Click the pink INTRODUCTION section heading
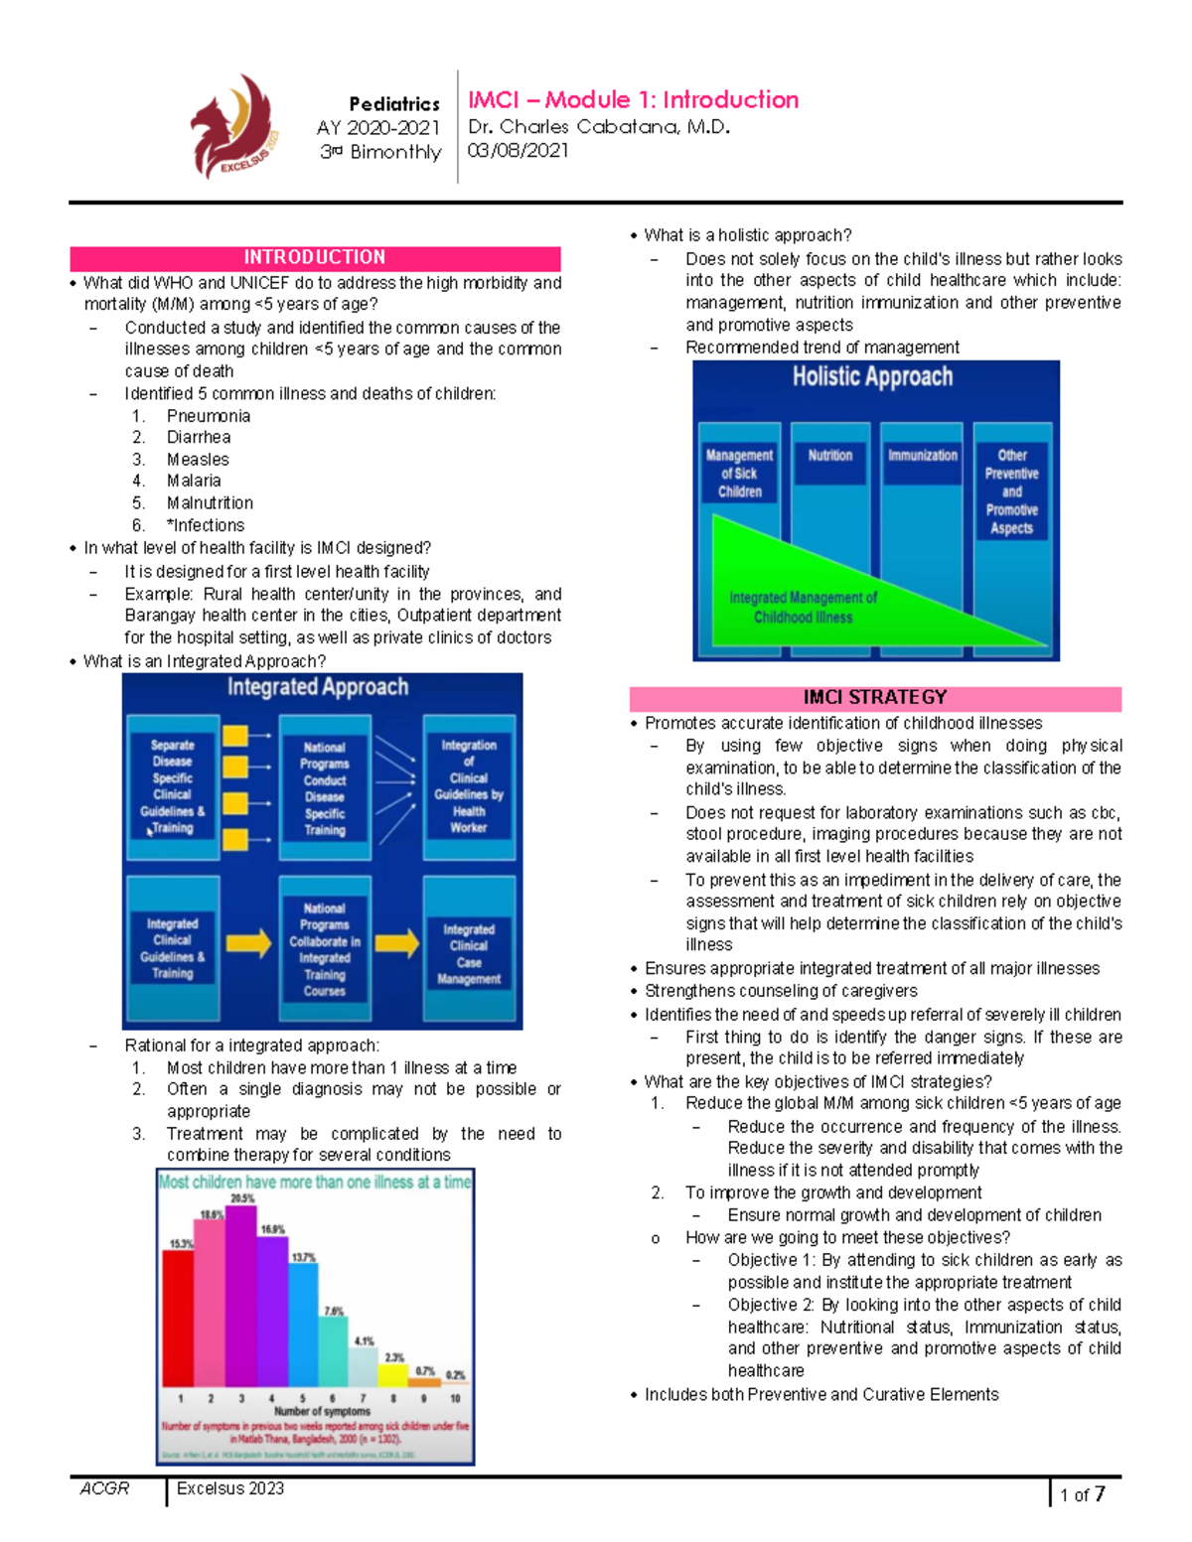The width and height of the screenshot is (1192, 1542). click(x=315, y=258)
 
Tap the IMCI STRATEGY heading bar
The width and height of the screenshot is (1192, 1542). click(x=875, y=698)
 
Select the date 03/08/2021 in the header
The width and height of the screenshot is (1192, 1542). click(x=518, y=151)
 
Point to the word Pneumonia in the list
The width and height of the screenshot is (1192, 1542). click(x=209, y=416)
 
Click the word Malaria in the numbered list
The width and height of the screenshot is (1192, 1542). click(x=194, y=481)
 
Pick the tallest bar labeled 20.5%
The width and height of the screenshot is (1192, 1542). click(x=241, y=1296)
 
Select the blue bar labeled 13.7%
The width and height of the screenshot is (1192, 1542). click(x=303, y=1327)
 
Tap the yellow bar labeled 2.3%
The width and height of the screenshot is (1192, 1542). click(x=393, y=1375)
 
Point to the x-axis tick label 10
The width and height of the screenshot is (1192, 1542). click(x=455, y=1398)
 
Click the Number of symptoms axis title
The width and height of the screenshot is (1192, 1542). click(x=322, y=1411)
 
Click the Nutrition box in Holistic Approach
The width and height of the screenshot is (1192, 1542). click(x=829, y=456)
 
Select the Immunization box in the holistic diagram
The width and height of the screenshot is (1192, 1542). click(x=922, y=456)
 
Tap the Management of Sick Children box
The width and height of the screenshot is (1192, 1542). click(x=739, y=474)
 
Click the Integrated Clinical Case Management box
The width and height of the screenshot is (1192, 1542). click(x=469, y=954)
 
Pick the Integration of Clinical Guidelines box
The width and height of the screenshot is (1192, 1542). click(x=469, y=786)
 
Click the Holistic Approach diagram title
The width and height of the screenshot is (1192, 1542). click(x=872, y=377)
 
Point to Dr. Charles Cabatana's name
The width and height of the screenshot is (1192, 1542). click(x=599, y=127)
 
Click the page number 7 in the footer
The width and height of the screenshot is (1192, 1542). click(x=1099, y=1493)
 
